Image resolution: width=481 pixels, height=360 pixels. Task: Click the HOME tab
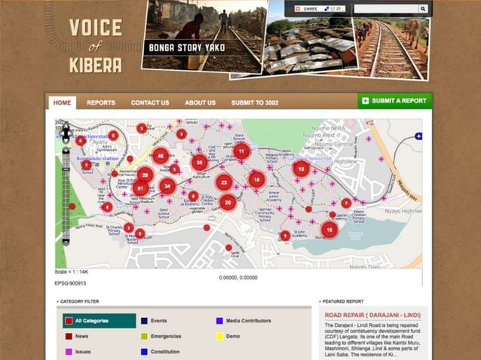[62, 102]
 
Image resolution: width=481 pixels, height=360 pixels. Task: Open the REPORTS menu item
[101, 102]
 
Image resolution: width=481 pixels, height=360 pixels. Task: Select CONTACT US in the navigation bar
[150, 102]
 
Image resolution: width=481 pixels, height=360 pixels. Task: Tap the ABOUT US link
[201, 102]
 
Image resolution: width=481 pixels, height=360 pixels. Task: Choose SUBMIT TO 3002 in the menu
[255, 102]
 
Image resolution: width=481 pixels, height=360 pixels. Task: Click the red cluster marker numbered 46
[160, 157]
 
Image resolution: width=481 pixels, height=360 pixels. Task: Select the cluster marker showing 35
[200, 162]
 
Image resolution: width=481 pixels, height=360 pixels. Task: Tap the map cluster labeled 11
[241, 151]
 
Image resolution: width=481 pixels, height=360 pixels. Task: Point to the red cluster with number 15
[302, 169]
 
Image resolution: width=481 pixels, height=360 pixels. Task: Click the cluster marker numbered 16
[329, 230]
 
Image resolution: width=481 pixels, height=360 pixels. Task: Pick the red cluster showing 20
[228, 202]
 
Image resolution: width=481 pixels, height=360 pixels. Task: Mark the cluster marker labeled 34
[167, 186]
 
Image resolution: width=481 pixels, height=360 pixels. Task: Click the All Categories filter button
[94, 321]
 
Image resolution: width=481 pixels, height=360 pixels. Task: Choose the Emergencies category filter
[166, 336]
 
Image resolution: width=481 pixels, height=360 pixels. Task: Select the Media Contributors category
[248, 321]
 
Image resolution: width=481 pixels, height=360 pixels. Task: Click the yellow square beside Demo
[219, 336]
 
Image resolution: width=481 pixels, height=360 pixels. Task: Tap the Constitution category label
[165, 351]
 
